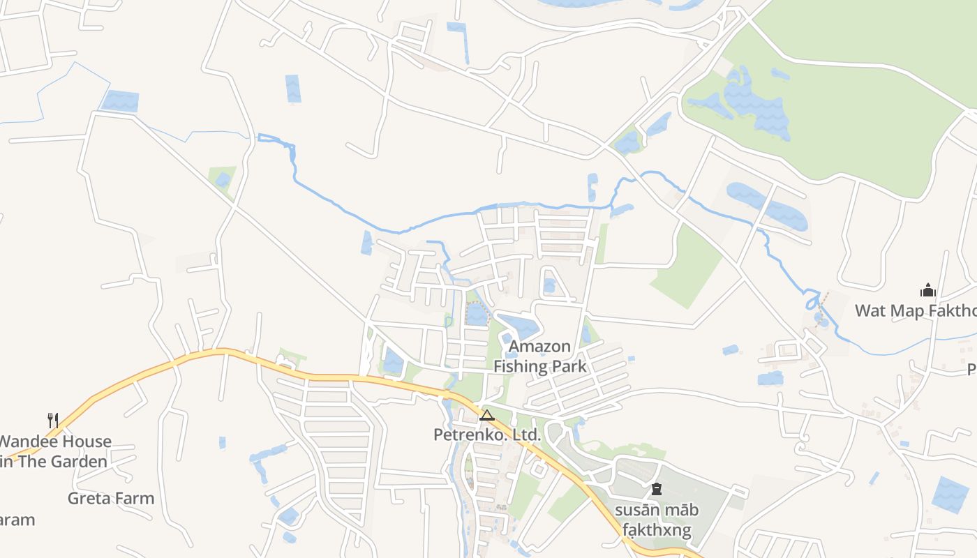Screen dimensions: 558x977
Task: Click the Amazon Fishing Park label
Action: coord(539,356)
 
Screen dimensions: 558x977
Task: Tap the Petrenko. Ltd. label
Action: coord(486,435)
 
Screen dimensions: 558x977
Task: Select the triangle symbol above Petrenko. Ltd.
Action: coord(487,416)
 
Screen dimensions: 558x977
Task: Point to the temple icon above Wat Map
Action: coord(928,290)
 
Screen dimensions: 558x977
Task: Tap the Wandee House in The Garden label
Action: coord(54,451)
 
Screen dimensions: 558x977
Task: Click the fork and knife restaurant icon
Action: coord(52,420)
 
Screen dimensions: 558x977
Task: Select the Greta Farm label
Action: coord(111,498)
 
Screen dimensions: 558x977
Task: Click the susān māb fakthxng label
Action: coord(656,520)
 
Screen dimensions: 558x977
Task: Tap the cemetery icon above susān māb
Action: coord(656,490)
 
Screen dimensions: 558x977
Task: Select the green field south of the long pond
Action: coord(687,269)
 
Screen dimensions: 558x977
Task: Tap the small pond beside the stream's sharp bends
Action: coord(821,321)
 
